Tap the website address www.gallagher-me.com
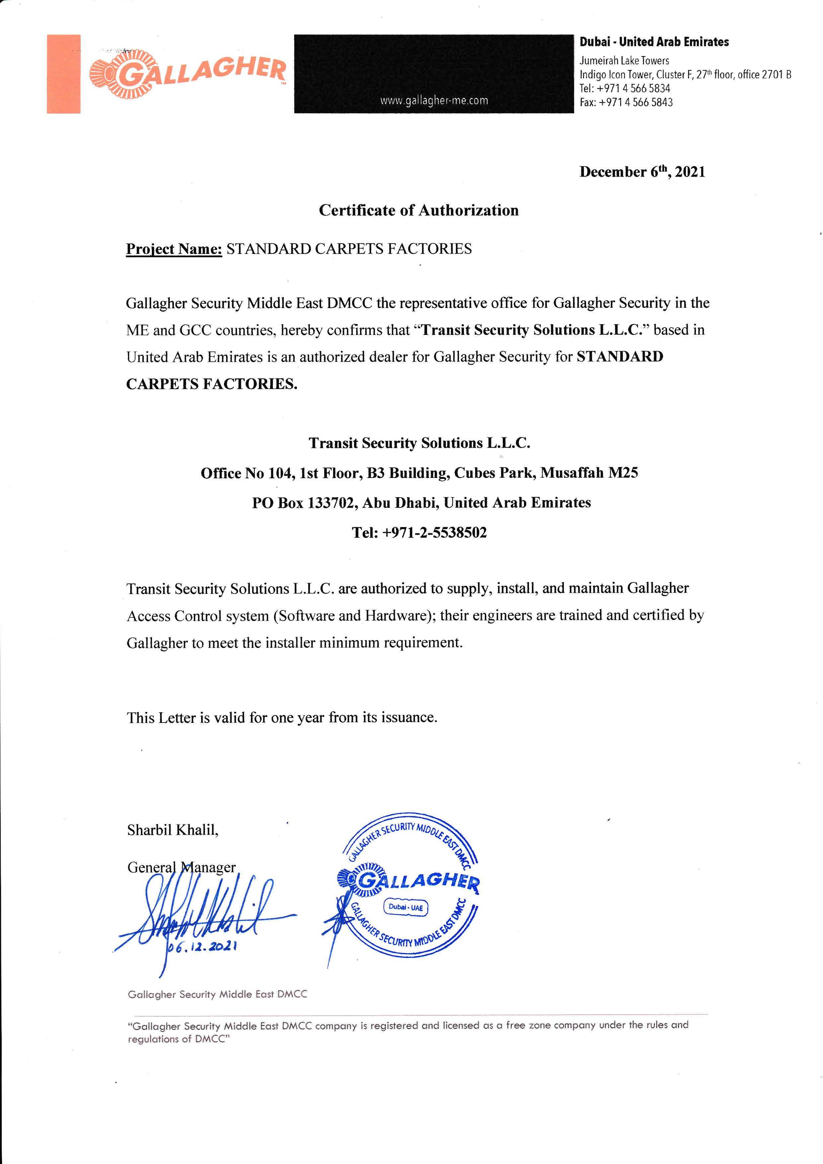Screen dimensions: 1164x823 pyautogui.click(x=434, y=100)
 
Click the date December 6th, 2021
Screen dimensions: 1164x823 pyautogui.click(x=642, y=172)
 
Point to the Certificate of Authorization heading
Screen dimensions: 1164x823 pyautogui.click(x=418, y=210)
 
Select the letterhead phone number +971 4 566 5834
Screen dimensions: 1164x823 pyautogui.click(x=634, y=88)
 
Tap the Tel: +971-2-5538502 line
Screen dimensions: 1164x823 pyautogui.click(x=419, y=532)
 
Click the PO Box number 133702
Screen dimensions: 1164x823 pyautogui.click(x=331, y=503)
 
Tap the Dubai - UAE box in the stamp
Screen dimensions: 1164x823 pyautogui.click(x=406, y=907)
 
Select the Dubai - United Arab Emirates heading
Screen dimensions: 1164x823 pyautogui.click(x=654, y=42)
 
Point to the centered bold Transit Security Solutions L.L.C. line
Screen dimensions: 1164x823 pyautogui.click(x=419, y=443)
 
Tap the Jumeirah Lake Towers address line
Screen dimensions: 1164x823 pyautogui.click(x=624, y=61)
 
